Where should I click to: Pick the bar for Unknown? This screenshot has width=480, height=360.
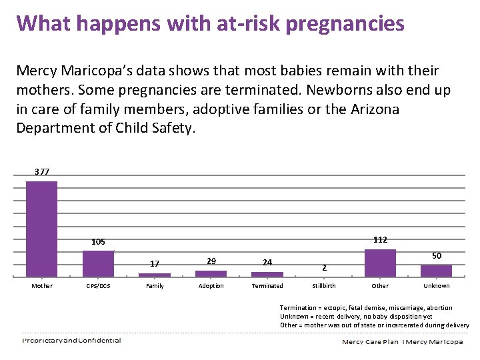[436, 270]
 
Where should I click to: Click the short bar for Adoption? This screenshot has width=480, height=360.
[211, 273]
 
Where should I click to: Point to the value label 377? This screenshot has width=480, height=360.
[42, 172]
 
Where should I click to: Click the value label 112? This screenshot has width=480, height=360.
[380, 239]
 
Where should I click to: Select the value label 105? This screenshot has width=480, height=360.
[98, 241]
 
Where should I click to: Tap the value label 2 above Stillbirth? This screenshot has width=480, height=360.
[324, 267]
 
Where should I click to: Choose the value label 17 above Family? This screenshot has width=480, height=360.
[155, 263]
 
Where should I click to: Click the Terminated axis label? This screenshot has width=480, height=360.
[267, 286]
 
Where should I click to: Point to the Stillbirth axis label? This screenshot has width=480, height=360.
[324, 286]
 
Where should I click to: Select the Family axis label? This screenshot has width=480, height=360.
[155, 286]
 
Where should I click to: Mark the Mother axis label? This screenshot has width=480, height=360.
[42, 286]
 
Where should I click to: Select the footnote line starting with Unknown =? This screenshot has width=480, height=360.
[356, 316]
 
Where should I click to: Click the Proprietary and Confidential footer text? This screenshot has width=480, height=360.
[71, 340]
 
